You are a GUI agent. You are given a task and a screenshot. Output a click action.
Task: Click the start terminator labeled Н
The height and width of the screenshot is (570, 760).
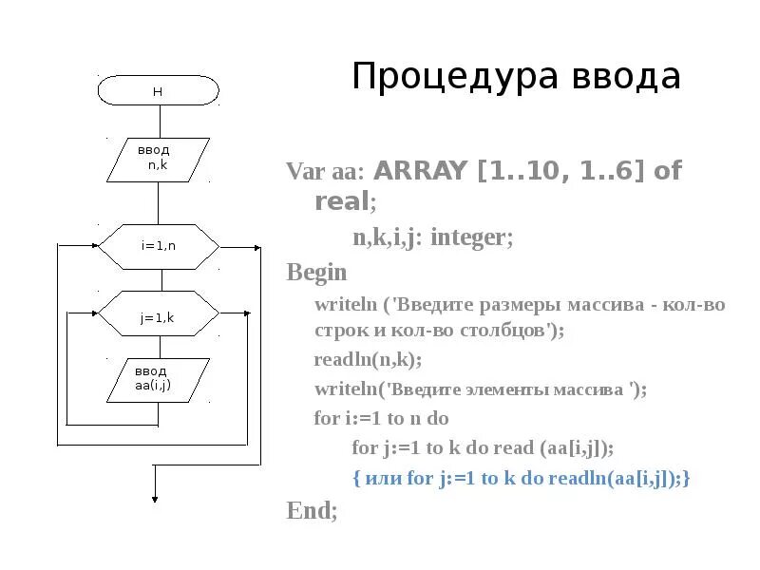tap(159, 91)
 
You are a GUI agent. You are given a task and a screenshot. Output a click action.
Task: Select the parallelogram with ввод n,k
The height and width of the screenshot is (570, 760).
tap(158, 159)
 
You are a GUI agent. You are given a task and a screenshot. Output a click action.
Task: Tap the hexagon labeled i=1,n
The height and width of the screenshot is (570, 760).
tap(159, 246)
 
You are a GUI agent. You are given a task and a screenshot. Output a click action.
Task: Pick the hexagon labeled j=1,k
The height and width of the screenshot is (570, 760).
tap(159, 313)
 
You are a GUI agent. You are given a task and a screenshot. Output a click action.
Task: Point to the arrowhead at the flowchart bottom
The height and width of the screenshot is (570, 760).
tap(154, 497)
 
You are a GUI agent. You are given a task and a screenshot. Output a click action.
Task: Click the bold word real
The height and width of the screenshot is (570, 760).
tap(342, 201)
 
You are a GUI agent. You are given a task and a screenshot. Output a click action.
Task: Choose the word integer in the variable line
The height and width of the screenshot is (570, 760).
tap(469, 237)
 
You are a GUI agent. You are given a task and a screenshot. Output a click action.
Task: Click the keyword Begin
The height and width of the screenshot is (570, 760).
tap(317, 274)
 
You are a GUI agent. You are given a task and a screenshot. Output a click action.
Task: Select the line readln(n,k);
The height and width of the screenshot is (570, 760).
tap(368, 360)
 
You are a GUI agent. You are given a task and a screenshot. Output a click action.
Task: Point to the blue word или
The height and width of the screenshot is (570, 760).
tap(381, 479)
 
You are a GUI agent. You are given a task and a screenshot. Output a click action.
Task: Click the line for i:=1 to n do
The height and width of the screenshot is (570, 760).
tap(381, 418)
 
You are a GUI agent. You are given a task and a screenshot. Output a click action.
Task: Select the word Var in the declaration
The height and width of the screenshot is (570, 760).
tap(306, 172)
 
